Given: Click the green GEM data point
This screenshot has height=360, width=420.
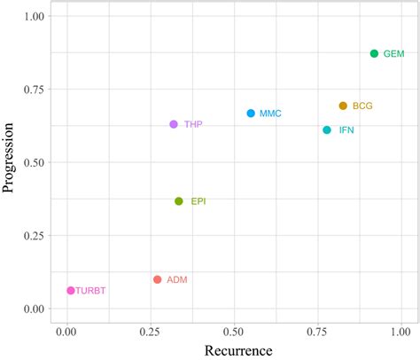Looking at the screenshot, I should pos(374,54).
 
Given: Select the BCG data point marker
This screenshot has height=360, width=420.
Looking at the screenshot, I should pos(343,106).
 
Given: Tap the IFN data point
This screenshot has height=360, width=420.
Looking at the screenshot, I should pos(327,130).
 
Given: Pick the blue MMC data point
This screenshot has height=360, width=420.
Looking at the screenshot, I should pos(251,113).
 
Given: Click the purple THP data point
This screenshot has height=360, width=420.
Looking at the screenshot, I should pos(174,125).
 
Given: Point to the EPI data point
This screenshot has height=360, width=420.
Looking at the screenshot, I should pos(179,201).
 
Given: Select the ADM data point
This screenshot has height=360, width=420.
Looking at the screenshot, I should pos(158,279).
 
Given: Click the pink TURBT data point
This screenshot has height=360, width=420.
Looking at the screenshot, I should pos(71,291).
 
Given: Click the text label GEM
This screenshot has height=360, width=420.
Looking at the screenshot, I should pos(393,54).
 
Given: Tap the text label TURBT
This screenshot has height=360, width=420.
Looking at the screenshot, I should pos(91,291).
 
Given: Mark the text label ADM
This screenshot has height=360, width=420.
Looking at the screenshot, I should pos(176,279).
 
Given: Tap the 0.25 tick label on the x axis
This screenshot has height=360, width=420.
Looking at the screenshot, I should pos(150,333).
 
